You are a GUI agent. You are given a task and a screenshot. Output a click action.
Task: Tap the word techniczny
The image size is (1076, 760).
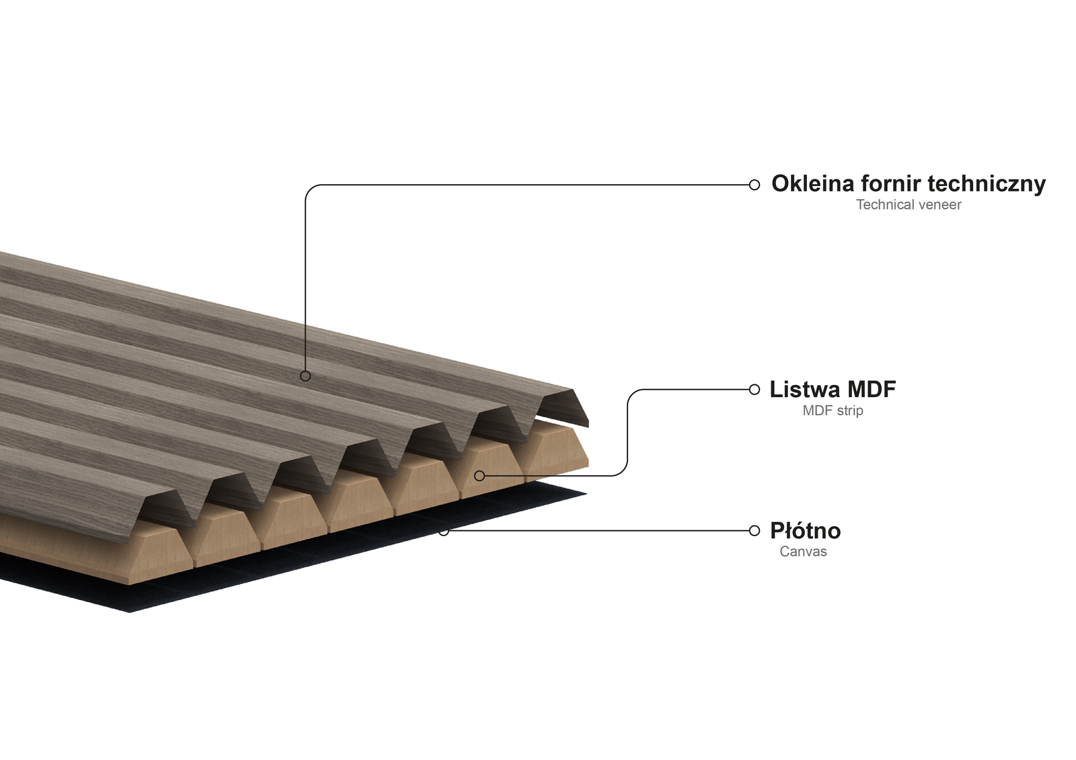tap(987, 185)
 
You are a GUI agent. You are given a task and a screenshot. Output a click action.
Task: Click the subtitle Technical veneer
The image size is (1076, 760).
tap(909, 205)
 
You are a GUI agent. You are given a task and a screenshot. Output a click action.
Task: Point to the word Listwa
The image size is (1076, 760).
tap(805, 389)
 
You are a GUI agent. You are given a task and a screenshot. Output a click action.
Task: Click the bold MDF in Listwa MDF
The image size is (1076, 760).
tap(872, 389)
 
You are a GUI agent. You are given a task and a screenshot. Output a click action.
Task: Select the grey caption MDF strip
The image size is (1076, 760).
tap(833, 411)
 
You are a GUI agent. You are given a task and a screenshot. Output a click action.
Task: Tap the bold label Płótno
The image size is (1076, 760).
tap(806, 531)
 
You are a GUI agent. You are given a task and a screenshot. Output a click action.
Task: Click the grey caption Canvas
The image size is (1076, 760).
tap(803, 552)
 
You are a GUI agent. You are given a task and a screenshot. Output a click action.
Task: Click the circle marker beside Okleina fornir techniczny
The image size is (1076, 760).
tap(754, 185)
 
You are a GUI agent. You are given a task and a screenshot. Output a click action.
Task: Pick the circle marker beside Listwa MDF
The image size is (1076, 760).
tap(754, 389)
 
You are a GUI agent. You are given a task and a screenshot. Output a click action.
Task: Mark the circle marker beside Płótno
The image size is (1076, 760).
tap(754, 530)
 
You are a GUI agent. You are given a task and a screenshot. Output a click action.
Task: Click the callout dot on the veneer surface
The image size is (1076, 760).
tap(305, 376)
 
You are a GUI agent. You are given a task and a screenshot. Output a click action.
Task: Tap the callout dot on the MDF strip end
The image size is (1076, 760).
tap(479, 476)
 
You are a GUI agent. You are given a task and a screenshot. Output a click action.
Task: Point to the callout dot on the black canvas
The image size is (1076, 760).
tap(444, 532)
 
